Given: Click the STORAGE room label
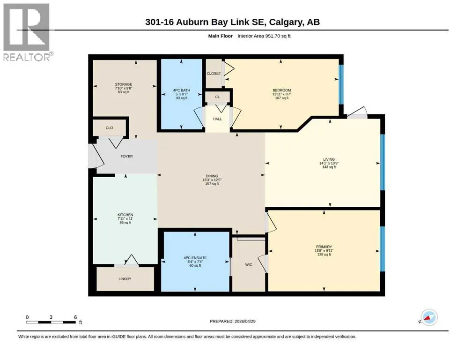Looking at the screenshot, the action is (x=124, y=84).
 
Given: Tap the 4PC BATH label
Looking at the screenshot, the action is (x=182, y=90).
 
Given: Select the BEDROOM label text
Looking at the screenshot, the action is (x=282, y=90).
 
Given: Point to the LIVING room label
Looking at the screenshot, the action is (x=329, y=159).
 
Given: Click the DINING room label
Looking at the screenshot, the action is (x=212, y=176).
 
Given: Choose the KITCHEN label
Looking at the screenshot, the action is (x=125, y=215).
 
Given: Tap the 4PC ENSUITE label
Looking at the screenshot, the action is (x=195, y=258).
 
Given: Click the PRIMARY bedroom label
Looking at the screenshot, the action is (x=324, y=247).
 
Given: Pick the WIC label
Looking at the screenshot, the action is (x=249, y=264).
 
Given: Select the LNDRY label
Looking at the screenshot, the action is (x=125, y=279).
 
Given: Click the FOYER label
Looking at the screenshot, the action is (x=126, y=157).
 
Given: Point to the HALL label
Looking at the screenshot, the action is (x=217, y=119).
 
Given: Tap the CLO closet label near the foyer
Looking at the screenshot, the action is (x=109, y=128).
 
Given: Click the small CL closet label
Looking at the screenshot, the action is (x=217, y=97).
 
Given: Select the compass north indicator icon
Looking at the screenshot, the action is (x=428, y=317).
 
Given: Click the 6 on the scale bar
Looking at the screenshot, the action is (x=75, y=317).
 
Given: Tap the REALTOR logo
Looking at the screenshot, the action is (x=27, y=32).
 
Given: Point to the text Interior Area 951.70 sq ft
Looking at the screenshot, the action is (x=264, y=36).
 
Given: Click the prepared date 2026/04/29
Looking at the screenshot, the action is (x=245, y=321).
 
